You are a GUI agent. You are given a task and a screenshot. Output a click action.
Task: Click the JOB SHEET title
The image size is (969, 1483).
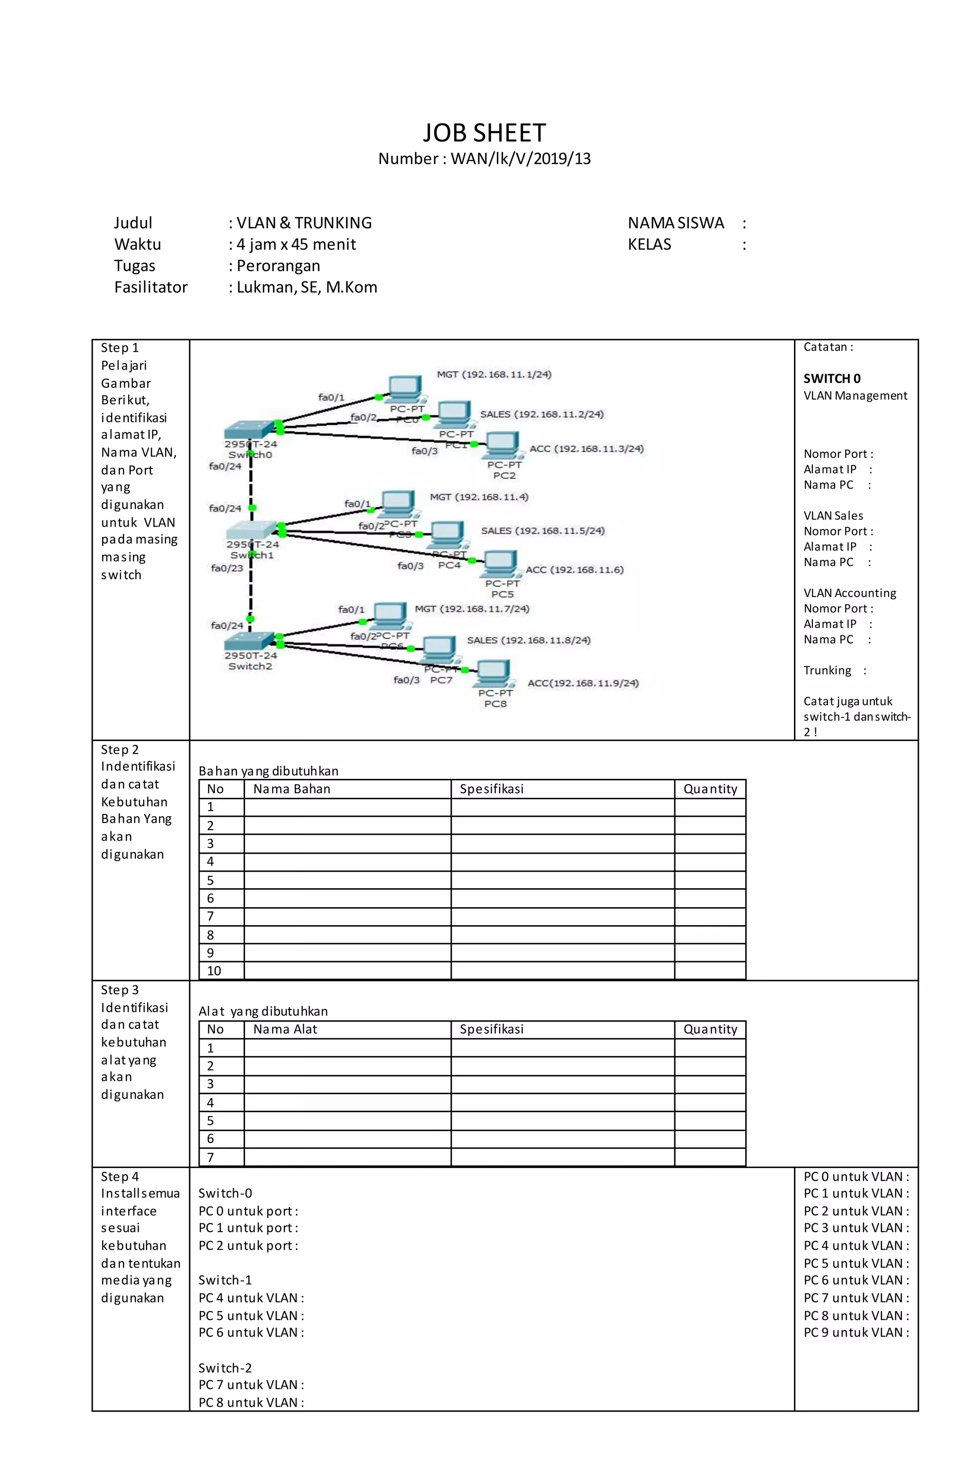pyautogui.click(x=484, y=133)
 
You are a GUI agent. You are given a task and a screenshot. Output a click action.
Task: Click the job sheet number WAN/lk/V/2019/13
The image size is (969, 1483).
pyautogui.click(x=520, y=159)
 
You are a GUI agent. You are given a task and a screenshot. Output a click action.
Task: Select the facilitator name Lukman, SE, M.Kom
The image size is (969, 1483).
pyautogui.click(x=307, y=287)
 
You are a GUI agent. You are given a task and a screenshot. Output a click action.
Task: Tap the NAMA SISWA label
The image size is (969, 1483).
pyautogui.click(x=676, y=223)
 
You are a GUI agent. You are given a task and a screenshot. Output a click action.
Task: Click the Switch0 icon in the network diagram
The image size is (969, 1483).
pyautogui.click(x=248, y=430)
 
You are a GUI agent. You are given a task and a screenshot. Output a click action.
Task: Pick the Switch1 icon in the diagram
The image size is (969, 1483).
pyautogui.click(x=250, y=530)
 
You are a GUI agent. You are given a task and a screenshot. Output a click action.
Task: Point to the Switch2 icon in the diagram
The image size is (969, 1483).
pyautogui.click(x=249, y=641)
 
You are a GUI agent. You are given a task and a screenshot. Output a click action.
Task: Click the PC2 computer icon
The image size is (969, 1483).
pyautogui.click(x=502, y=444)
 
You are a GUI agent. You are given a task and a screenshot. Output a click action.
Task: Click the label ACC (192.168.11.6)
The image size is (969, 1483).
pyautogui.click(x=574, y=570)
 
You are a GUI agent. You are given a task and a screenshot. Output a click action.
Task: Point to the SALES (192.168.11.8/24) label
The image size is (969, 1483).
pyautogui.click(x=528, y=640)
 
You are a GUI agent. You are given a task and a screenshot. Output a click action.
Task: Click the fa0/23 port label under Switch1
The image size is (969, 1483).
pyautogui.click(x=227, y=568)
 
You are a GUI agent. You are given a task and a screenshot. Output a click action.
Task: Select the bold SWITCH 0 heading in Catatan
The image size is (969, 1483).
pyautogui.click(x=831, y=379)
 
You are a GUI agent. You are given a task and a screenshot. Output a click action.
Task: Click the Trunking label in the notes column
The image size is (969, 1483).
pyautogui.click(x=827, y=670)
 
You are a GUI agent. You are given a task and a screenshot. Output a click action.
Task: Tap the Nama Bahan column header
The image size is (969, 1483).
pyautogui.click(x=291, y=789)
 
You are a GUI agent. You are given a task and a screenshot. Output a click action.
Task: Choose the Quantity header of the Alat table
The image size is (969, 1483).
pyautogui.click(x=710, y=1029)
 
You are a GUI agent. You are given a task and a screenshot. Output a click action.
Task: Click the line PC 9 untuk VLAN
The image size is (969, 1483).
pyautogui.click(x=855, y=1332)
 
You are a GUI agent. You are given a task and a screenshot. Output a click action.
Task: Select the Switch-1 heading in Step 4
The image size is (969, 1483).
pyautogui.click(x=225, y=1280)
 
